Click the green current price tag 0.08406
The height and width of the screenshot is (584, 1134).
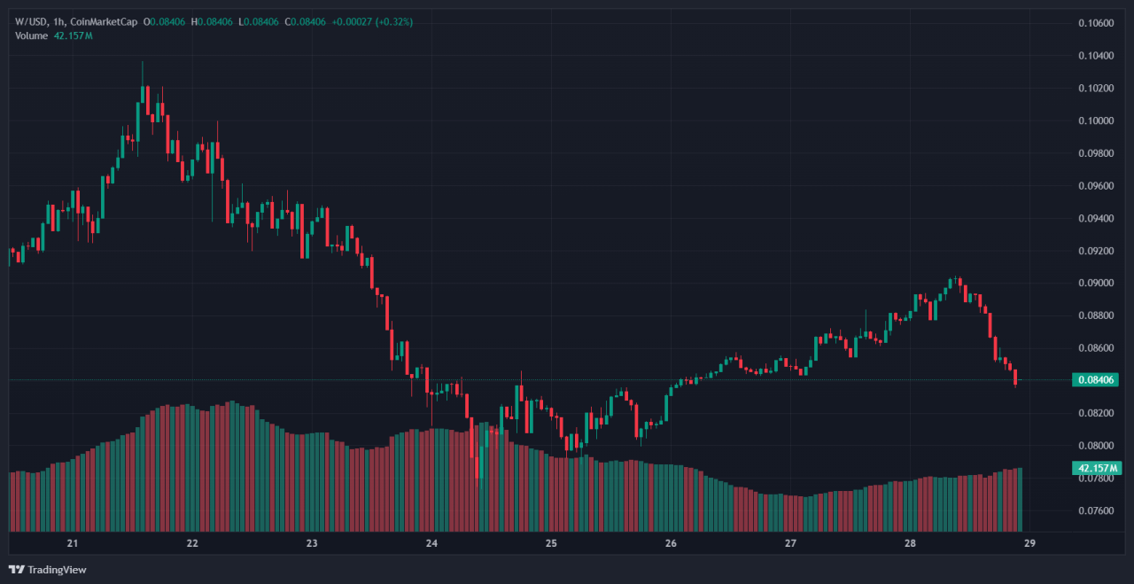coord(1096,380)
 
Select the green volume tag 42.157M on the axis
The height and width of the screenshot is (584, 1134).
coord(1097,468)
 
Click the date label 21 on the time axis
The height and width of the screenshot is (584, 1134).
coord(73,543)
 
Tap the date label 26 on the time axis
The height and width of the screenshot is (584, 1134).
coord(671,543)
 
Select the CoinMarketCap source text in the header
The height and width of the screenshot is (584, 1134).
coord(105,22)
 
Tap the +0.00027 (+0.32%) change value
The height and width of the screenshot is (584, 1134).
coord(372,22)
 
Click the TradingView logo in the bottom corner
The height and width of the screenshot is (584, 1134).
coord(48,570)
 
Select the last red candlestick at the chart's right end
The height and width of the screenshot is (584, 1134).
coord(1015,377)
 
